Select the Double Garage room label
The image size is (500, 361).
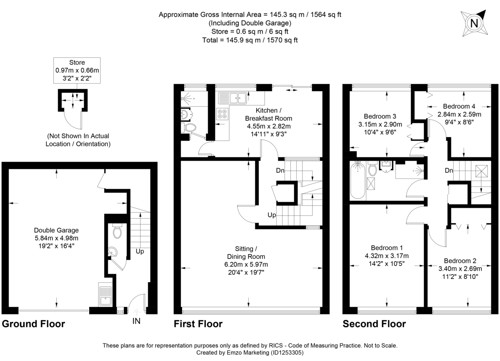(56, 238)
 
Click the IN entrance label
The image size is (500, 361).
(136, 321)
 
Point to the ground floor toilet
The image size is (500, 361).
(117, 231)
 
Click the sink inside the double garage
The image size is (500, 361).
(104, 295)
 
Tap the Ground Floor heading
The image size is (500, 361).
(34, 324)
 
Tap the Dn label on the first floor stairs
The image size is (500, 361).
(280, 170)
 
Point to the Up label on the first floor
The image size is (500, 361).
(272, 215)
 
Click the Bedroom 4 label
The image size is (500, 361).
(459, 106)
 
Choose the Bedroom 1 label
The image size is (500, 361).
(386, 247)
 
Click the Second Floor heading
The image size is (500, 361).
(374, 324)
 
